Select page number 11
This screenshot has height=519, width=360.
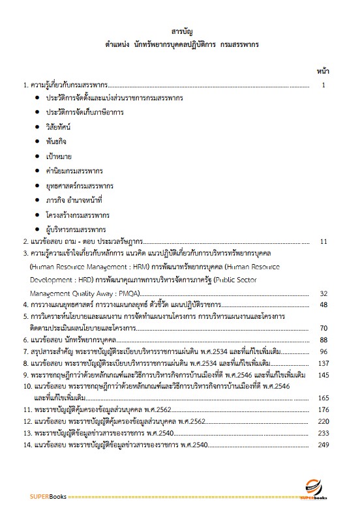[323, 241]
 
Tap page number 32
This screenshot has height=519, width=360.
[323, 293]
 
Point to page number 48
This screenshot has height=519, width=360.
[323, 304]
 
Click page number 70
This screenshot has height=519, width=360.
[323, 316]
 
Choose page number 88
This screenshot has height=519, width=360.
[323, 340]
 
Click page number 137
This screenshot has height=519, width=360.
[323, 363]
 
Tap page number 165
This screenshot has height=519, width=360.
[323, 397]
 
